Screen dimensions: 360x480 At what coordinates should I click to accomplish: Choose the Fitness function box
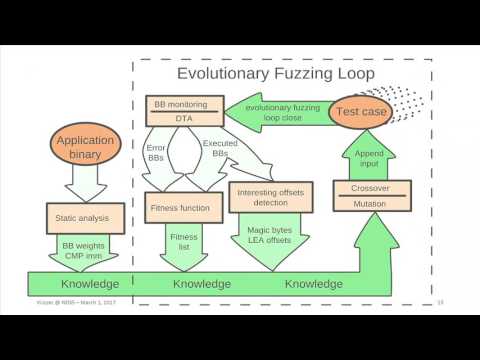click(181, 208)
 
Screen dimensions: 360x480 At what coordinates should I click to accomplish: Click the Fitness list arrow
click(181, 243)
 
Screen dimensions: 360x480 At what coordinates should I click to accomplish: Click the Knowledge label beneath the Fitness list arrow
click(203, 284)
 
